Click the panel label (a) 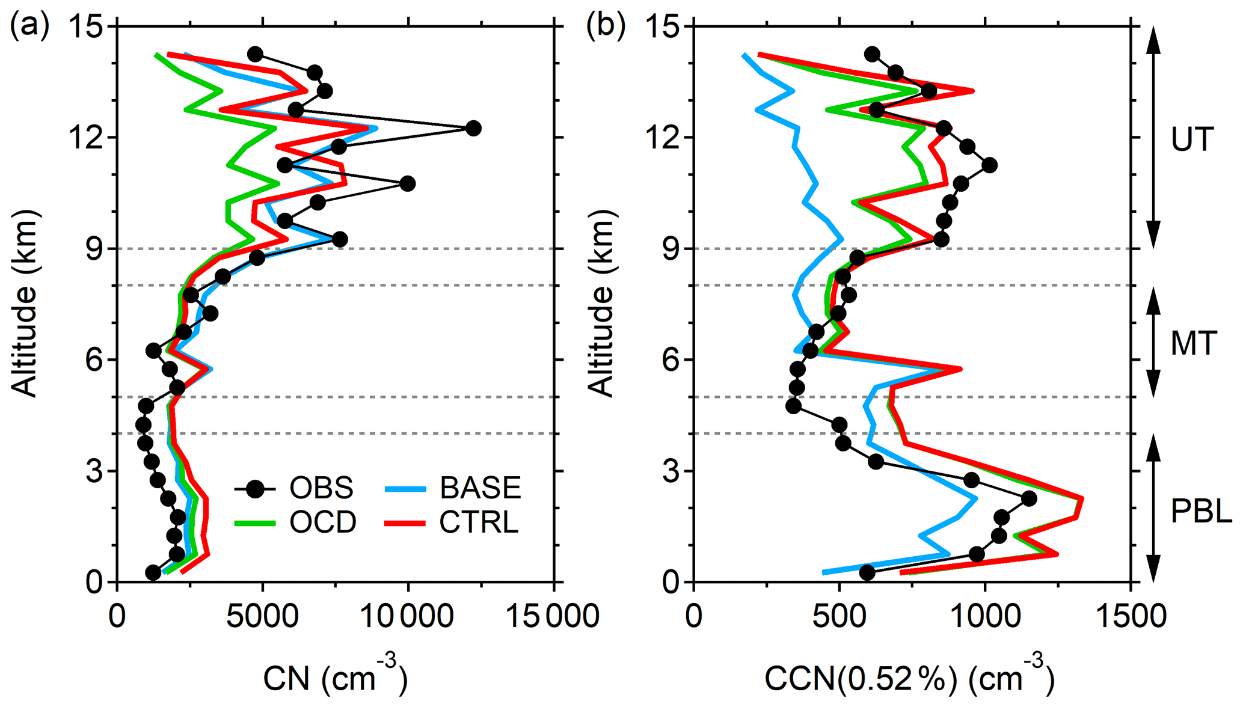[29, 26]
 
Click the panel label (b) [606, 26]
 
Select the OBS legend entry [295, 488]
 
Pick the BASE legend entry [454, 488]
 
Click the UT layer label [1192, 139]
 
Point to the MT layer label [1194, 343]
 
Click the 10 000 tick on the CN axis [408, 617]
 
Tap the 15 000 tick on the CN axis [553, 617]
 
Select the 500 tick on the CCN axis [839, 617]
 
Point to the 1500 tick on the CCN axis [1131, 617]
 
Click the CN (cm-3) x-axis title [335, 677]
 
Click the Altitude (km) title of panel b [601, 304]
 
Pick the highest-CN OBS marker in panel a [473, 128]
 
